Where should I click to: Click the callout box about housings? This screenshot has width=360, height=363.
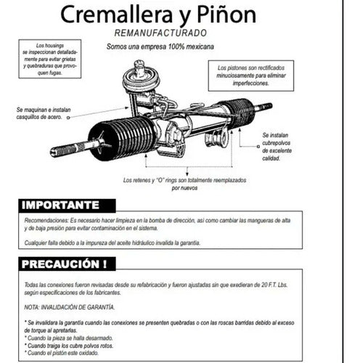pos(50,58)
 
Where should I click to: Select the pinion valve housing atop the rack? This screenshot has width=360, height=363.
pos(139,77)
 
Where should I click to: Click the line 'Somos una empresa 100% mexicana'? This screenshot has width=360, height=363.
pos(171,46)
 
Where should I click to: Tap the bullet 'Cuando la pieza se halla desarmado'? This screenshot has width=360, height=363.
pos(69,338)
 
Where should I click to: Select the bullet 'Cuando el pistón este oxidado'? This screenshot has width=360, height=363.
pos(64,355)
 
